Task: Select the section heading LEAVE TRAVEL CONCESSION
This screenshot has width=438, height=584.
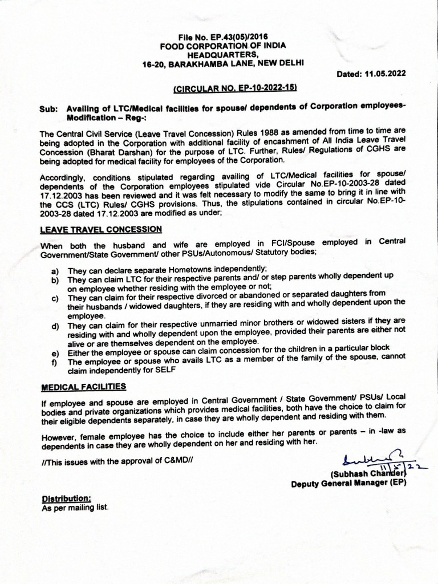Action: point(101,229)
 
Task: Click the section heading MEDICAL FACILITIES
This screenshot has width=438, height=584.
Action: point(83,387)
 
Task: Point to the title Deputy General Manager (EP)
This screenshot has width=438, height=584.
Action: point(348,484)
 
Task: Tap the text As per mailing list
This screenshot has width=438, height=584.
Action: point(74,507)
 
